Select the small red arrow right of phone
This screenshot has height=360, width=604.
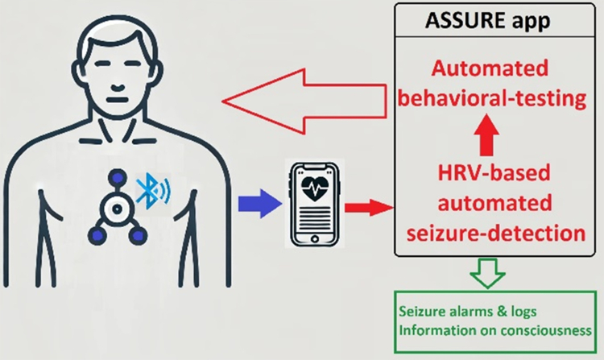click(x=366, y=208)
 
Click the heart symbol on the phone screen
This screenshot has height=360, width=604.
click(x=312, y=188)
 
